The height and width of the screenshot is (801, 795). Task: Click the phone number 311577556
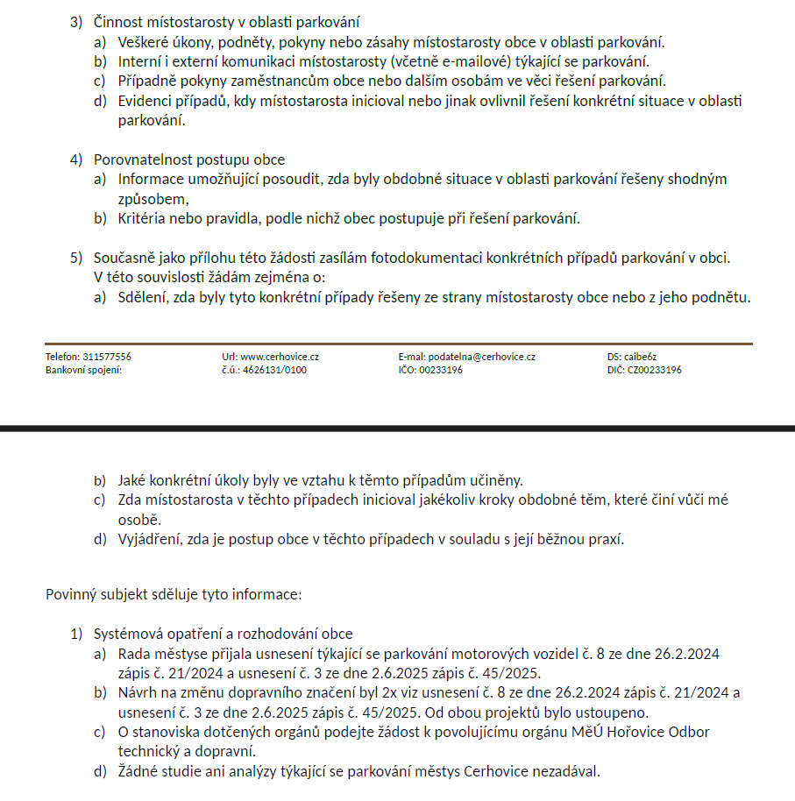coord(107,358)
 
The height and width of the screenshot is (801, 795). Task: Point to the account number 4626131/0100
coord(275,370)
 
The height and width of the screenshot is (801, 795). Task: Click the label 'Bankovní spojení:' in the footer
coord(84,370)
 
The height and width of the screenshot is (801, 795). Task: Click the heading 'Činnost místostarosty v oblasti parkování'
coord(226,22)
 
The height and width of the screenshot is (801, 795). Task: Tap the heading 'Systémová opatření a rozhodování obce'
coord(223,634)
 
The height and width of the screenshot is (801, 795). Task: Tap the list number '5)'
coord(77,258)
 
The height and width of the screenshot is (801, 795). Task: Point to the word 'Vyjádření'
coord(150,539)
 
